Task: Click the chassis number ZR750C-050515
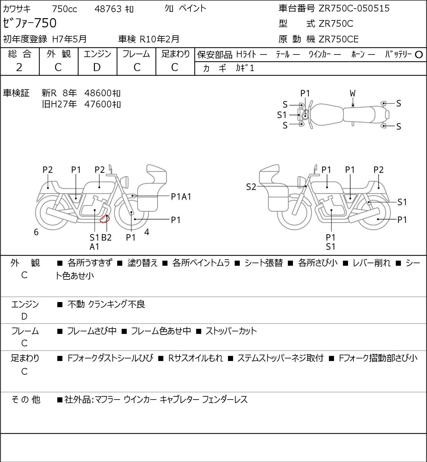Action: pos(354,8)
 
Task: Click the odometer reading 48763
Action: pos(108,9)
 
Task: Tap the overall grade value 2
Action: pos(19,68)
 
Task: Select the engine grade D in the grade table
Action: pos(97,68)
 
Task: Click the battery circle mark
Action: pos(419,55)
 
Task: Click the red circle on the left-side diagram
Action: pos(104,219)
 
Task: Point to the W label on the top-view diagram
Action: pos(352,93)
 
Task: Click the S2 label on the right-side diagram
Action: pos(251,187)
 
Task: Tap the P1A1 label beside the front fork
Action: pos(181,197)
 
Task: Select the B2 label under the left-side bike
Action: pos(106,237)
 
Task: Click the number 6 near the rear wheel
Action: pos(36,232)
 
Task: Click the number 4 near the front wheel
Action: pos(147,232)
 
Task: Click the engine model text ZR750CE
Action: pos(338,39)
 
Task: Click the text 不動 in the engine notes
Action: pos(76,304)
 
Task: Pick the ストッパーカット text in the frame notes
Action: pos(231,331)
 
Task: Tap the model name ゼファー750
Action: pos(30,23)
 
